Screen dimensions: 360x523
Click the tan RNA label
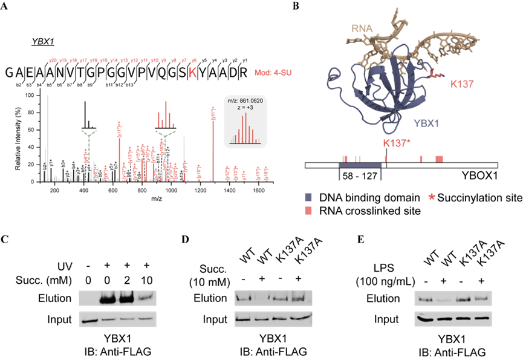point(361,28)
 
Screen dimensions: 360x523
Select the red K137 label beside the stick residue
point(461,84)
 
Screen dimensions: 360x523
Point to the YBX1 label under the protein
point(426,123)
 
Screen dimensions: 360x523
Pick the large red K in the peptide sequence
point(192,73)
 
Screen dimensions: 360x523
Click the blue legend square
point(308,197)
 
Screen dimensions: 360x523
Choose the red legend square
point(308,210)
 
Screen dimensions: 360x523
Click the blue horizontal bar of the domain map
point(360,165)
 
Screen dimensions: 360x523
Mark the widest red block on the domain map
point(439,159)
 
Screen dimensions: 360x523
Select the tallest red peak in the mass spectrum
point(213,142)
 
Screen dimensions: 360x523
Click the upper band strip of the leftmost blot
point(117,298)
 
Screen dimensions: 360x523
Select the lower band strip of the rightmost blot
point(453,318)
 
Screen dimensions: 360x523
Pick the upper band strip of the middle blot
point(273,298)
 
